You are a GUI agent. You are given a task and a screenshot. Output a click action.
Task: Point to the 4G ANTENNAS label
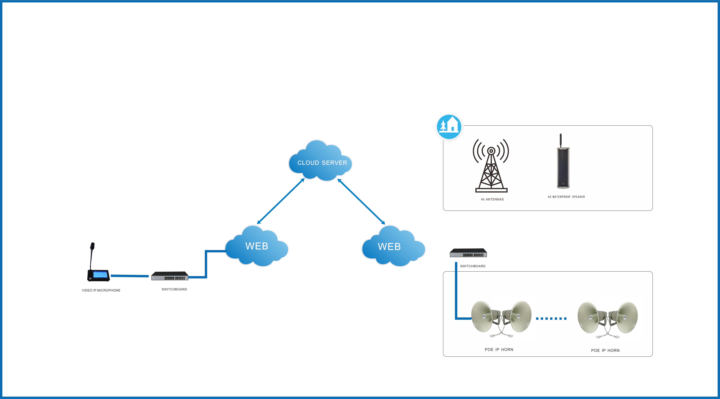(492, 199)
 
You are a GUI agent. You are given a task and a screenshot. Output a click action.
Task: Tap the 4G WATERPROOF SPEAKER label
(566, 197)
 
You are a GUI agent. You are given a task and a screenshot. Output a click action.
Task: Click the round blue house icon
(449, 127)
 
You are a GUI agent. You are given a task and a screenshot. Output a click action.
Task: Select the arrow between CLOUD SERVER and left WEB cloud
(281, 201)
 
